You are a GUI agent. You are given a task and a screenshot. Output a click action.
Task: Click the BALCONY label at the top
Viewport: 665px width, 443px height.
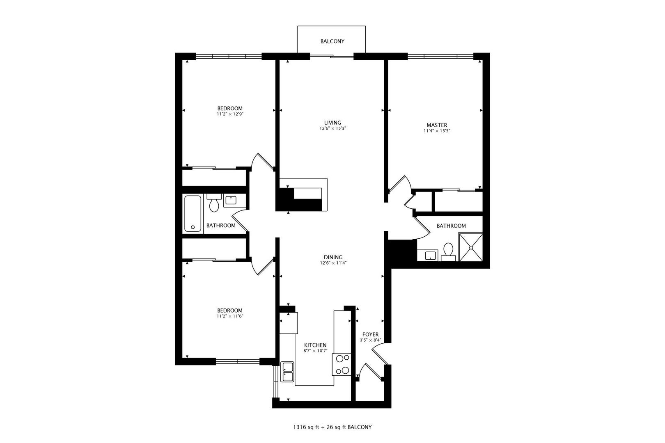[x=332, y=41]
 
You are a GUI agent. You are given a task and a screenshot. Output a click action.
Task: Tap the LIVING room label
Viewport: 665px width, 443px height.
[x=332, y=123]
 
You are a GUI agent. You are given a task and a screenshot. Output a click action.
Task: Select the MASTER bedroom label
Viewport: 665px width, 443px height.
[x=437, y=125]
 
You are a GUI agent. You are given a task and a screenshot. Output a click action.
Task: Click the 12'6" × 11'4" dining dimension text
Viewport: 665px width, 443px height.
[x=333, y=263]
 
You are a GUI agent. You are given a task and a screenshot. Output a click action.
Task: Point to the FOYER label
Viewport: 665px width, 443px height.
[x=370, y=335]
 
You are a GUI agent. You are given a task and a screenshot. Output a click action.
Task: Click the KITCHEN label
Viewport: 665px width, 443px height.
[x=315, y=345]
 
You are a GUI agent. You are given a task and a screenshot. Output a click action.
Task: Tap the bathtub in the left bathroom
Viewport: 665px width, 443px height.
[x=193, y=213]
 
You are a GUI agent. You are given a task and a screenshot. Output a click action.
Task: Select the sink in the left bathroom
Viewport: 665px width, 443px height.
[x=231, y=200]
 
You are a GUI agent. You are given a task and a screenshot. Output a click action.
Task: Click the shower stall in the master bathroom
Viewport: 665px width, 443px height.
[x=470, y=247]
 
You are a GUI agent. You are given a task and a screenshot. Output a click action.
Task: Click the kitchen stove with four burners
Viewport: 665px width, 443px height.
[x=342, y=365]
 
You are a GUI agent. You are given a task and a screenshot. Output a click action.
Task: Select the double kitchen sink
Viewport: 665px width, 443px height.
[x=287, y=372]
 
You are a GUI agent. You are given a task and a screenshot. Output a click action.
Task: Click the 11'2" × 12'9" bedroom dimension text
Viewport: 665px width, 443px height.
[x=230, y=114]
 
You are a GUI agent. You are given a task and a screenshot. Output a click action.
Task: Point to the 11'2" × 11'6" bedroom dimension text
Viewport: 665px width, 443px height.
[x=230, y=316]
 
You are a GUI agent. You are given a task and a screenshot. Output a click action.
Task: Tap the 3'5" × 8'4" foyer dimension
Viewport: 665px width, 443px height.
[x=370, y=340]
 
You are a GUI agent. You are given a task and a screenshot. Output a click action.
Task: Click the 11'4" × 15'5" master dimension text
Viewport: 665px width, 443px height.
[x=437, y=131]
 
